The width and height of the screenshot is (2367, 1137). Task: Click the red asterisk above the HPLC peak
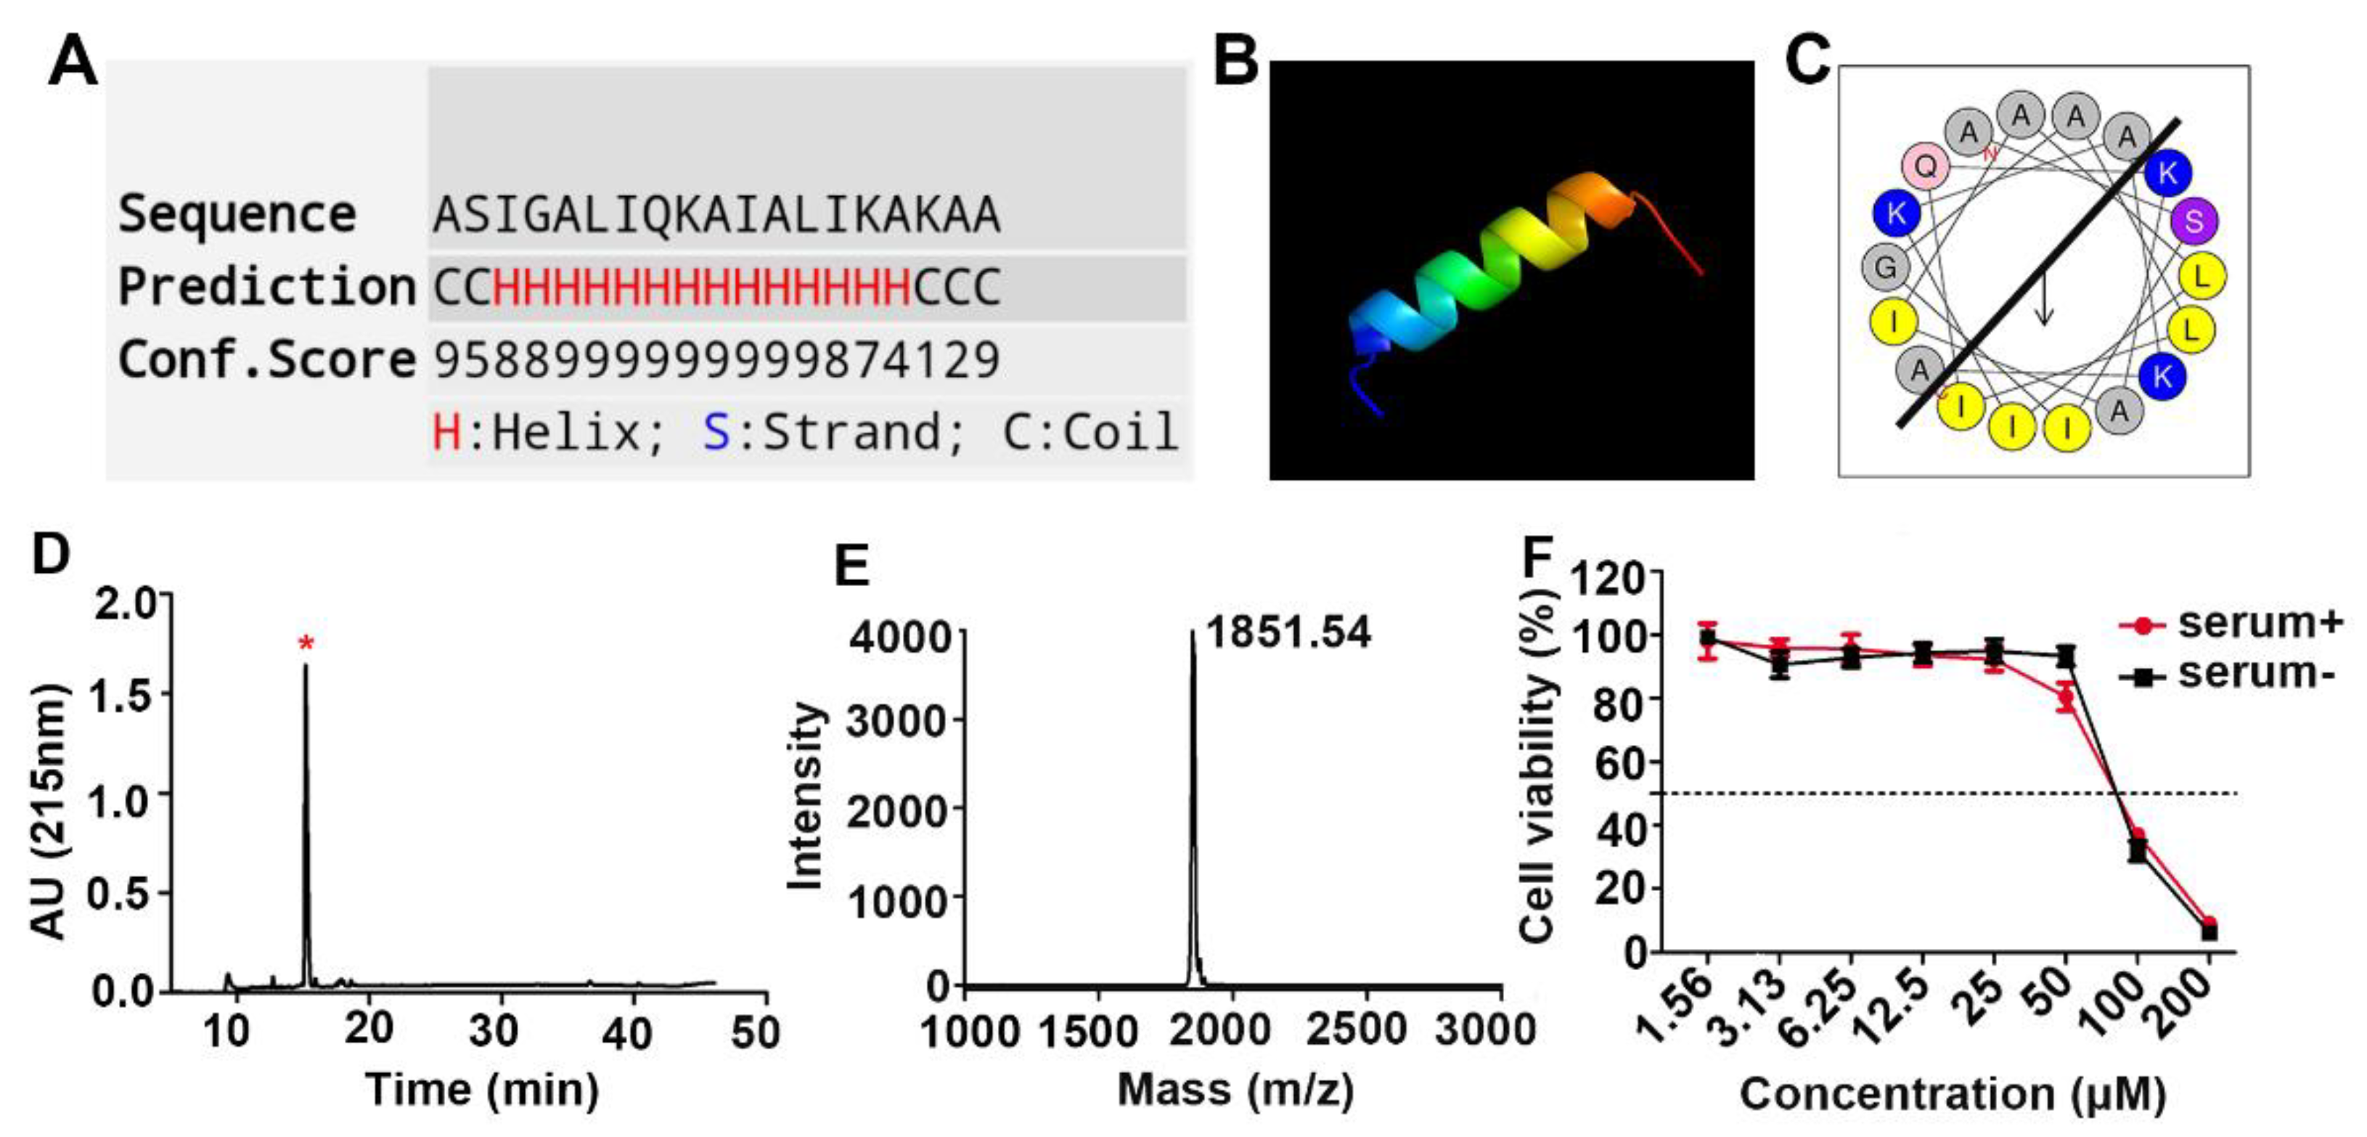click(x=306, y=643)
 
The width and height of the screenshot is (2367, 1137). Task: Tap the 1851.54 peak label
click(x=1288, y=632)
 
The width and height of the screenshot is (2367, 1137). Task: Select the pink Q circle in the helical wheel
click(x=1926, y=166)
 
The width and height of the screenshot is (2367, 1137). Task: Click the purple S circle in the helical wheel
click(x=2194, y=221)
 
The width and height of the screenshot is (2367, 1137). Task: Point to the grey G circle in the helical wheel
click(x=1886, y=267)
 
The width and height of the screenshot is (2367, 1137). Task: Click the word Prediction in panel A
click(x=266, y=287)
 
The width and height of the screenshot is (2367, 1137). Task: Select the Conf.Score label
click(x=266, y=359)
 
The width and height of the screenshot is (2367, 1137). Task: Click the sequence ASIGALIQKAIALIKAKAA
click(x=716, y=215)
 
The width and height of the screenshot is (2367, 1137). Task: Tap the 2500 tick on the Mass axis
click(x=1355, y=1030)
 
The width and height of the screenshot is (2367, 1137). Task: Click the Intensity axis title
click(x=806, y=795)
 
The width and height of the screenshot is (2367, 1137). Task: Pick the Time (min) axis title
click(x=483, y=1090)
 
